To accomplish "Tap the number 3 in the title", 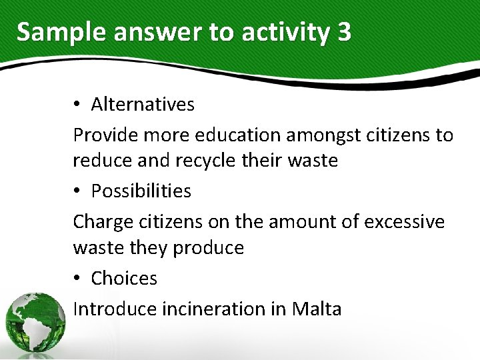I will coord(343,32).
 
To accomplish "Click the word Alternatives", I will coord(143,104).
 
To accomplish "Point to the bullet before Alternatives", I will coord(77,105).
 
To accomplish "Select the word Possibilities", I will coord(141,191).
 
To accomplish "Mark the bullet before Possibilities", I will coord(77,192).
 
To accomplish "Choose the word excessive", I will coord(403,221).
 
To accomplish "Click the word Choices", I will coord(124,278).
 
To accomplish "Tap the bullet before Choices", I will coord(77,279).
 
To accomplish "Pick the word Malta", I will coord(317,309).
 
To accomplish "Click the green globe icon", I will coord(35,323).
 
